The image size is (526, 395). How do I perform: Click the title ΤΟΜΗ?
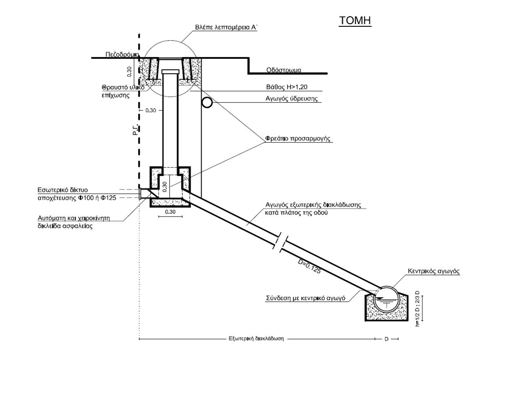[x=355, y=21]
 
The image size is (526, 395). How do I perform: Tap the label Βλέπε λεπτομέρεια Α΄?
[x=226, y=27]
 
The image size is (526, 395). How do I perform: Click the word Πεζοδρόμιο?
[x=122, y=55]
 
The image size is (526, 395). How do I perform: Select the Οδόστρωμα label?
[x=284, y=70]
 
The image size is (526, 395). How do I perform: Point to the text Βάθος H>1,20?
[x=287, y=87]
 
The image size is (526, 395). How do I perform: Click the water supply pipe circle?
[x=207, y=103]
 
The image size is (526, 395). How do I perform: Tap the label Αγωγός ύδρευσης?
[x=291, y=99]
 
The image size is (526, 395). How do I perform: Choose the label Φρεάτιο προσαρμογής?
[x=298, y=139]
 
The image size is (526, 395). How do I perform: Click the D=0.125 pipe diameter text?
[x=309, y=266]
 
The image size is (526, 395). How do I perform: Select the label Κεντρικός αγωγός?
[x=434, y=271]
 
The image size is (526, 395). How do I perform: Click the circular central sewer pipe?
[x=386, y=299]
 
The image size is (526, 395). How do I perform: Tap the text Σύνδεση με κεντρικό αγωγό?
[x=306, y=298]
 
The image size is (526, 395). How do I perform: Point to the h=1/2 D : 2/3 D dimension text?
[x=417, y=309]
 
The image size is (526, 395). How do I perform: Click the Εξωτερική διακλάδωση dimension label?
[x=256, y=338]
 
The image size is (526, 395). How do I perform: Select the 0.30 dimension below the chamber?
[x=170, y=212]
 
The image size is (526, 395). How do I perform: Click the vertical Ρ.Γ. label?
[x=135, y=129]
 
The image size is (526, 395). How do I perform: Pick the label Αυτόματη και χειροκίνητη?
[x=74, y=218]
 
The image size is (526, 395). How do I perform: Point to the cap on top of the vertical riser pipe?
[x=171, y=72]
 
